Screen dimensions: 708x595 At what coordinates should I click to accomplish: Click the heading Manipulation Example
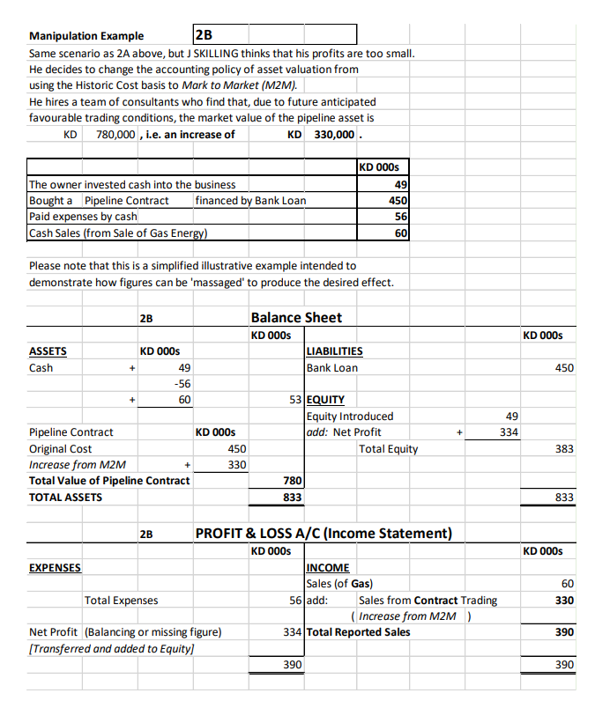(x=86, y=36)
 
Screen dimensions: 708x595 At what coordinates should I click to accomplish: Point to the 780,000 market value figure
(x=115, y=134)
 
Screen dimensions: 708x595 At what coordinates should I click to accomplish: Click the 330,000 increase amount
(x=333, y=134)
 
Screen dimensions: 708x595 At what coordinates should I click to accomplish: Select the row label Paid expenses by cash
(x=83, y=217)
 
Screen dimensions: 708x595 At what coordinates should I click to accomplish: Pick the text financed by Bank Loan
(x=250, y=201)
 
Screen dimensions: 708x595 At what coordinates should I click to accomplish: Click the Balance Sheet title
(x=296, y=317)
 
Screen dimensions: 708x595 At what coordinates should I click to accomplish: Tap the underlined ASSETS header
(x=48, y=350)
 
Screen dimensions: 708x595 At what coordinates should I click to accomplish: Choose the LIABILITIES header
(x=334, y=350)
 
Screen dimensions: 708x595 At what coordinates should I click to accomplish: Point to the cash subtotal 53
(x=295, y=399)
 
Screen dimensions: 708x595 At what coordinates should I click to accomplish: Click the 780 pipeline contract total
(x=293, y=480)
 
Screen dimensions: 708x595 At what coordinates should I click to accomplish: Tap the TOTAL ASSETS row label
(x=65, y=497)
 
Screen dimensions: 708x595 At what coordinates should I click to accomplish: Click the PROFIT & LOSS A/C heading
(x=323, y=533)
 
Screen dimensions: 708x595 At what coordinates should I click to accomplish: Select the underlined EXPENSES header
(x=55, y=567)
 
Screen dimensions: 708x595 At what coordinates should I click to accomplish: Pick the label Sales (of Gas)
(x=338, y=583)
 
